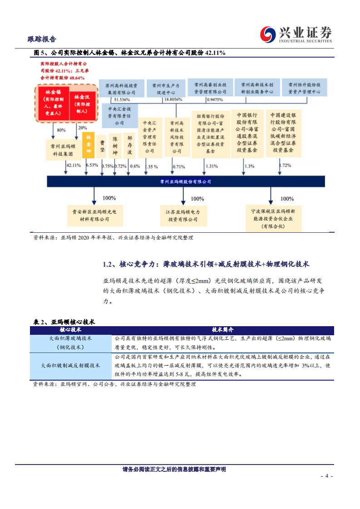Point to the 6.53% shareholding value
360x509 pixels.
point(92,166)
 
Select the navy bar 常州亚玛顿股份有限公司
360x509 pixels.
point(186,181)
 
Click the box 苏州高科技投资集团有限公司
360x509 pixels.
point(121,88)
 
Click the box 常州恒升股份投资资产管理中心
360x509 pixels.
point(304,88)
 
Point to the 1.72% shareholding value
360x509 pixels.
point(285,166)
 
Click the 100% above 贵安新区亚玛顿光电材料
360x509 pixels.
point(109,198)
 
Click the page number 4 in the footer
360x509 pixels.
point(326,476)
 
